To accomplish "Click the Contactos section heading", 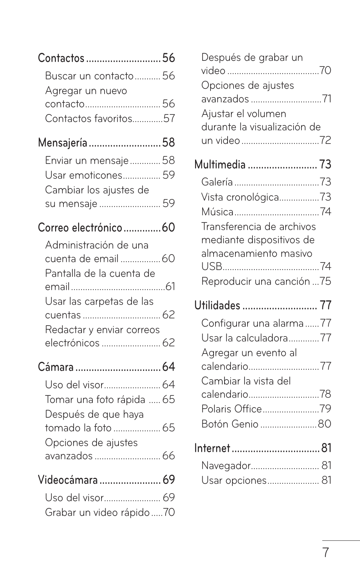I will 61,58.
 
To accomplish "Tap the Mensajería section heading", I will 63,143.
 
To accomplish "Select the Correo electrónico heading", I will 80,228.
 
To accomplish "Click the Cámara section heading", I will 56,367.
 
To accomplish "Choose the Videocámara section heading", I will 68,480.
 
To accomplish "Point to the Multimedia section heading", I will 220,165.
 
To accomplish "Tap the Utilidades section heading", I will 217,306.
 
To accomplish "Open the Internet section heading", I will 212,448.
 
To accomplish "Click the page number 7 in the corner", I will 325,553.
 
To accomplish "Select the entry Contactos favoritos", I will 89,119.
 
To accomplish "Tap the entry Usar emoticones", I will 84,175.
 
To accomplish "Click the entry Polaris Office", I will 231,409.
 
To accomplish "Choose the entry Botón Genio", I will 230,424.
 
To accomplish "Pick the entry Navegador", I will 226,466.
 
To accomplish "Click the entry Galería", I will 217,182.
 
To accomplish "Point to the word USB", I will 212,267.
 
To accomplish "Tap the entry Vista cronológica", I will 240,197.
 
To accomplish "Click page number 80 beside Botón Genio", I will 325,424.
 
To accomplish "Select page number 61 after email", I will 170,287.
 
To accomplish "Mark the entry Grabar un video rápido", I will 97,513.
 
